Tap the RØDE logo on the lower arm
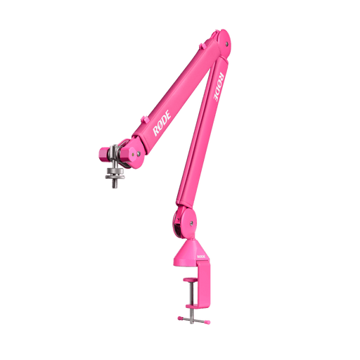click(219, 86)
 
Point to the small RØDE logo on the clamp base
click(201, 257)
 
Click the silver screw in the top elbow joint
click(226, 44)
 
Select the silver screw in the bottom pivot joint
click(191, 223)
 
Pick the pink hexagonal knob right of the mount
click(127, 155)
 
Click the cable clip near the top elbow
click(203, 46)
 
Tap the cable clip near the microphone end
click(144, 119)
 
